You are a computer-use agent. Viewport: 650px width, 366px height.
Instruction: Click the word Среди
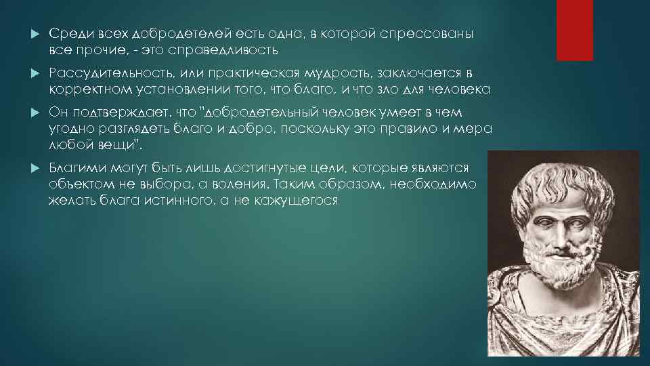tap(68, 34)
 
